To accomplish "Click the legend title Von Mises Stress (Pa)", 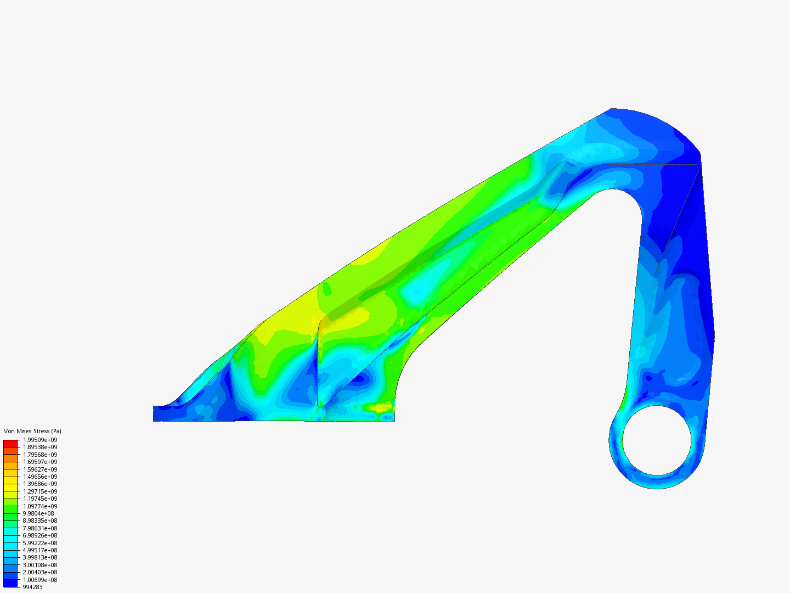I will pos(32,431).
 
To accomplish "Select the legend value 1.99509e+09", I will pos(40,440).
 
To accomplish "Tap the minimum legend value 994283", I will pos(32,587).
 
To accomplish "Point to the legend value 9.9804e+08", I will pos(38,513).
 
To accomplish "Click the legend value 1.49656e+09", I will pos(40,477).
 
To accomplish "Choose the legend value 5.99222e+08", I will pos(40,543).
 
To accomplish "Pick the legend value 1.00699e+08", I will pos(40,580).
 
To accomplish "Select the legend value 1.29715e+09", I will pos(40,491).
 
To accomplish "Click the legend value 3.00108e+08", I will pos(40,565).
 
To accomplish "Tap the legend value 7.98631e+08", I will pos(40,528).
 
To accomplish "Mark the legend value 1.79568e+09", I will pos(40,455).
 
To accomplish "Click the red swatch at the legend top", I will pos(10,443).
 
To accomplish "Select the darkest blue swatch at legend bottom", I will pos(10,583).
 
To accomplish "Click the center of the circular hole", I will pos(657,440).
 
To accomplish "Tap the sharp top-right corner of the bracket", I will pos(701,163).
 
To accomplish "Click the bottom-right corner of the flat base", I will pos(394,421).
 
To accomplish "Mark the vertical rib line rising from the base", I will pos(318,368).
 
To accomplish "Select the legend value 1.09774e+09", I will pos(40,506).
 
